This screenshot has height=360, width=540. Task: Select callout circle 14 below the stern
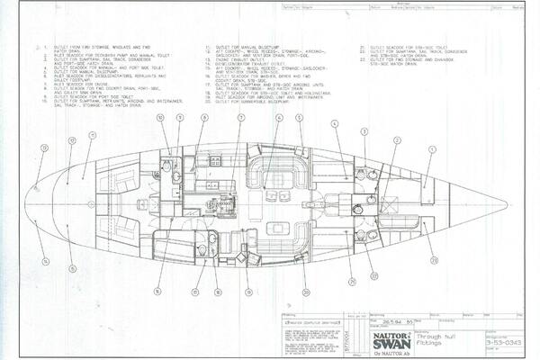(46, 262)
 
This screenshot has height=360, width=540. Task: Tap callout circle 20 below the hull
(307, 291)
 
